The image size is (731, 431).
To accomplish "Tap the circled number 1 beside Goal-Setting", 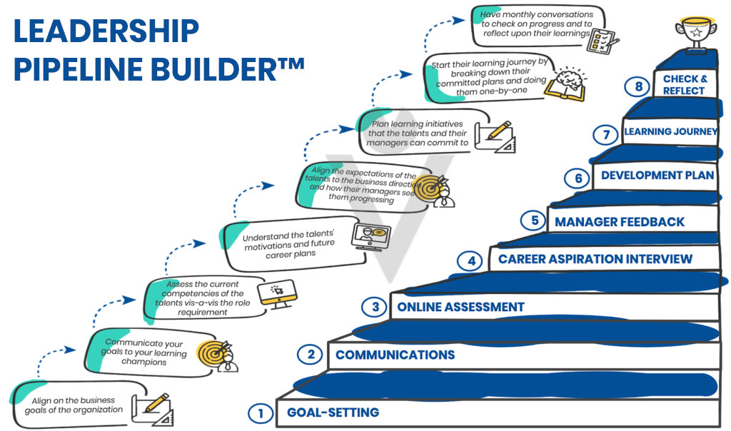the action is (x=261, y=413).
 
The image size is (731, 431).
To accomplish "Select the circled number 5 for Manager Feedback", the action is (x=535, y=221).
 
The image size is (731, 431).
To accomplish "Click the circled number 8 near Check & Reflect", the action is (x=638, y=86).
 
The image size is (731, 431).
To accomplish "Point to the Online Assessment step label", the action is (x=460, y=307).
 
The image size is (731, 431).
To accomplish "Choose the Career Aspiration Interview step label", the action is (x=595, y=259).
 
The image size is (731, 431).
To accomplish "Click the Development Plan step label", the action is (x=657, y=176).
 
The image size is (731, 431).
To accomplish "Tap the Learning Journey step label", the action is (x=671, y=132).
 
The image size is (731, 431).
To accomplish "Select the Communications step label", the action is (x=395, y=355).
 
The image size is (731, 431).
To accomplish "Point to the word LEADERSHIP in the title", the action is (x=106, y=31).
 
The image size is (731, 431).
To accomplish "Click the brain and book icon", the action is (x=566, y=84).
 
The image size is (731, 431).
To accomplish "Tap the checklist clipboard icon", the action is (x=603, y=41).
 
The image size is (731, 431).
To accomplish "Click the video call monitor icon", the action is (x=370, y=236).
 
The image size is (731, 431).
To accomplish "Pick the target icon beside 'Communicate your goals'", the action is (x=217, y=356).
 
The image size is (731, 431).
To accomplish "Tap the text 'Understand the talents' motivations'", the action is (x=289, y=240).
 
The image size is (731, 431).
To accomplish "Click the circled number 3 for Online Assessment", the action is (x=375, y=307).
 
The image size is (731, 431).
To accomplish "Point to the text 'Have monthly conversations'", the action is (x=537, y=15).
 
